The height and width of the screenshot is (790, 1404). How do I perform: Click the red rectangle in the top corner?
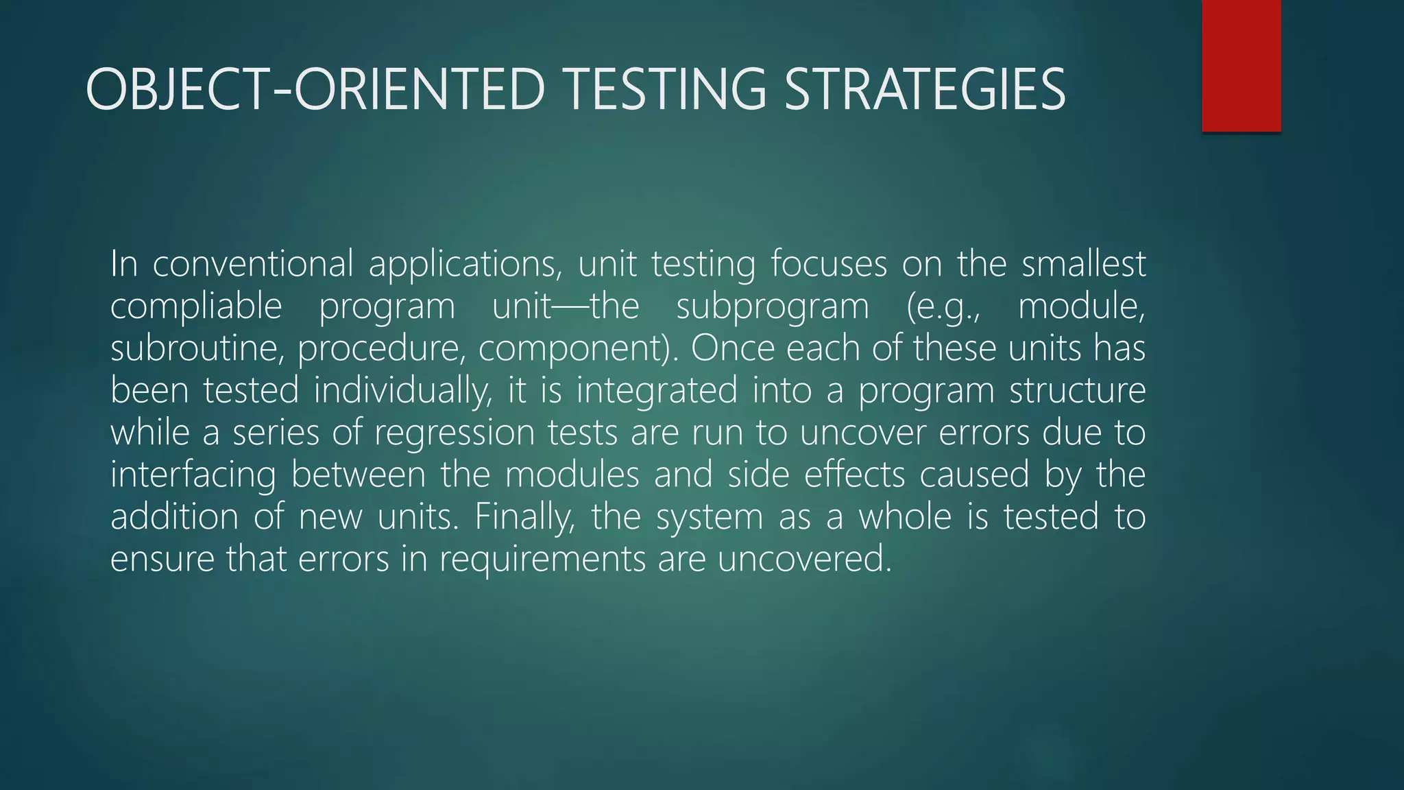(1241, 65)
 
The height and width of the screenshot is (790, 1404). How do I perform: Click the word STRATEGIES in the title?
(925, 89)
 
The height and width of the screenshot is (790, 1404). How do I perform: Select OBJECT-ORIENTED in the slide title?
(315, 89)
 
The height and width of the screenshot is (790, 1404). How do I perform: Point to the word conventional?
(253, 264)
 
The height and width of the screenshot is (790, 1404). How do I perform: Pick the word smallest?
(1083, 264)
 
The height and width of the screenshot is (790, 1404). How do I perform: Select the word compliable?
(196, 307)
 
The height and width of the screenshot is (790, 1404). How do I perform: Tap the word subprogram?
(773, 307)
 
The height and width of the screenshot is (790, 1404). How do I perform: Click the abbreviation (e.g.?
(943, 307)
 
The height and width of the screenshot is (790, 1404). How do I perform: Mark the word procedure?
(381, 348)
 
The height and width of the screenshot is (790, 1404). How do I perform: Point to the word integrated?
(656, 391)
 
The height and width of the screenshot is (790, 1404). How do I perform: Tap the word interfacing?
(193, 475)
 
